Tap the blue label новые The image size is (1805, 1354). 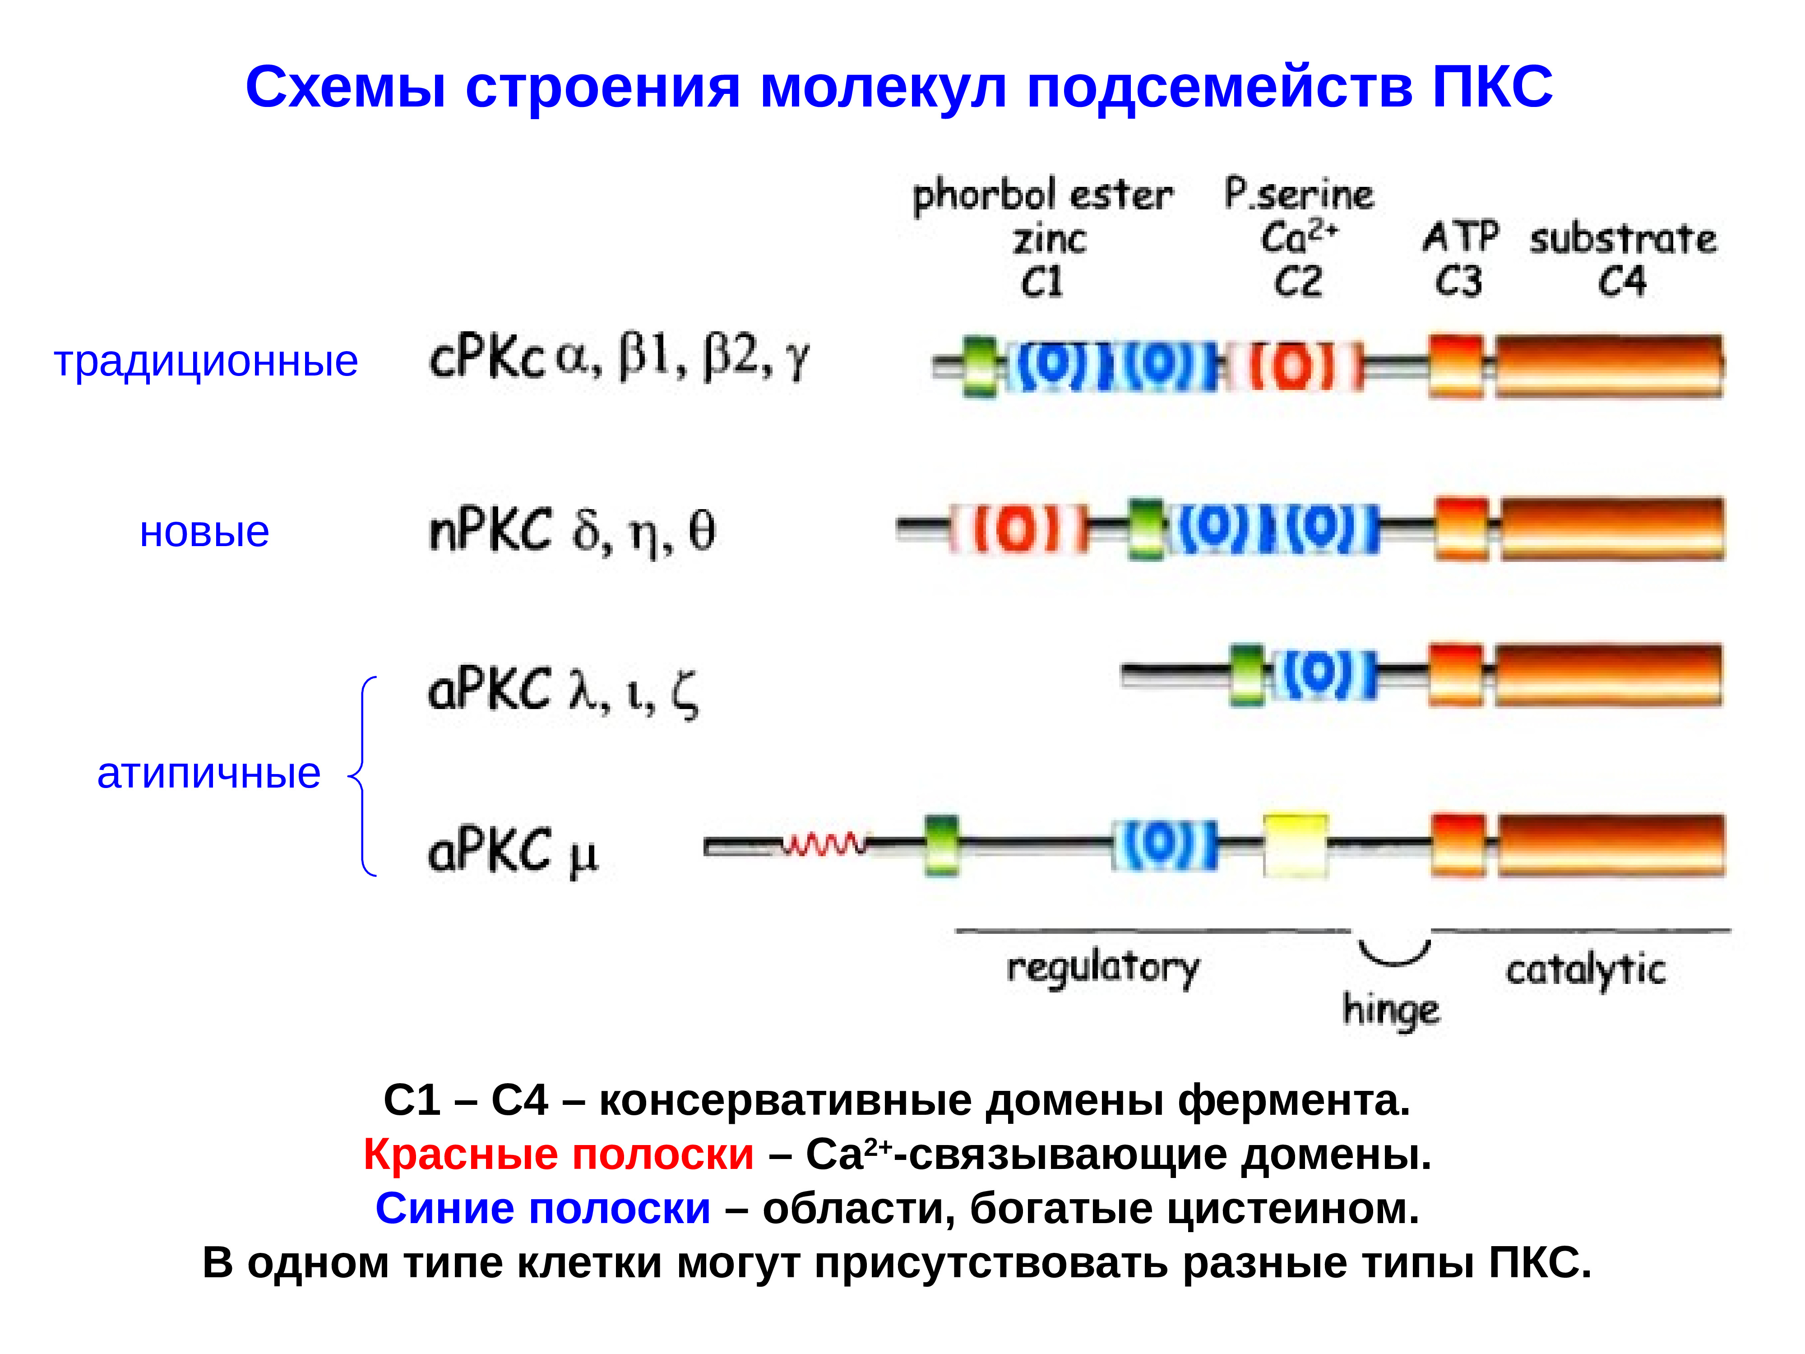[x=204, y=532]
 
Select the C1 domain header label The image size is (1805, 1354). [x=1042, y=283]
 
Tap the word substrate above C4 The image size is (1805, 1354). [x=1622, y=239]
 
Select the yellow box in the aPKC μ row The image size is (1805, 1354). [x=1295, y=845]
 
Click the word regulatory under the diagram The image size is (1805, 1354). [x=1103, y=968]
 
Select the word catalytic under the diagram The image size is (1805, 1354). [x=1586, y=970]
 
